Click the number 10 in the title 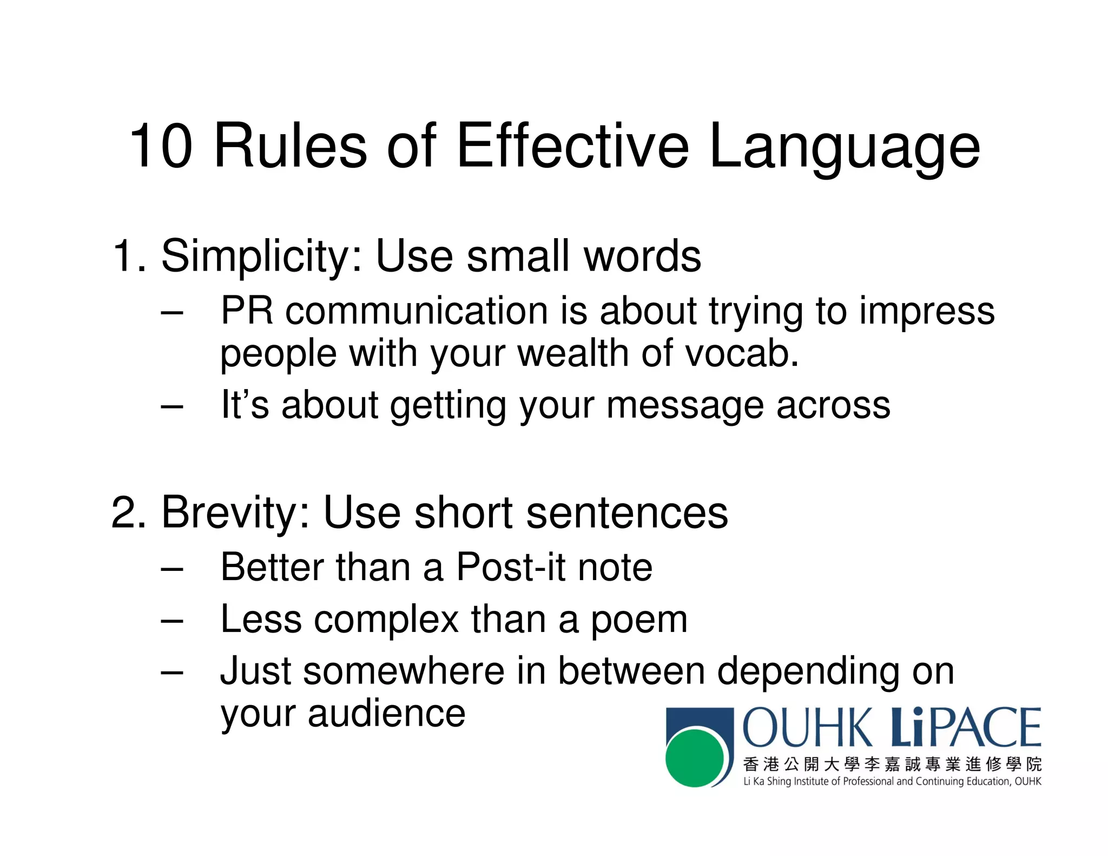tap(161, 146)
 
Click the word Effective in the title tap(572, 146)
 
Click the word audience tap(386, 713)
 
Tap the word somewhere tap(404, 671)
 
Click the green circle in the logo tap(694, 757)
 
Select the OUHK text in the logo tap(808, 728)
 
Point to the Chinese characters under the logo tap(892, 764)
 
